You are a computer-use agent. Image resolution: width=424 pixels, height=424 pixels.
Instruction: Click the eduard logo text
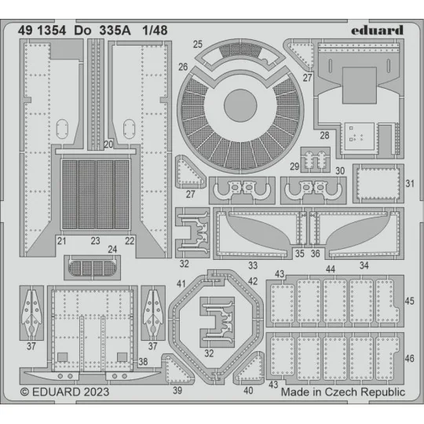coord(375,30)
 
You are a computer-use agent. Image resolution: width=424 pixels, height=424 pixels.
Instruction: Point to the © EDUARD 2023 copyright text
coord(64,391)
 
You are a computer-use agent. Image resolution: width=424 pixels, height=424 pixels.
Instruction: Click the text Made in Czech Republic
coord(342,391)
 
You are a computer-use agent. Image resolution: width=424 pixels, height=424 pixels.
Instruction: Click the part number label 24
coord(112,250)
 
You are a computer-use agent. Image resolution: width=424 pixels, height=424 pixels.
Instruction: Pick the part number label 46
coord(410,358)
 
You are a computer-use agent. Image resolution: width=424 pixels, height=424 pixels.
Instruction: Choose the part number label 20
coord(108,144)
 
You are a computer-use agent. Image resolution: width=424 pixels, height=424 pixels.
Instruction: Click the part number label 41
coord(181,282)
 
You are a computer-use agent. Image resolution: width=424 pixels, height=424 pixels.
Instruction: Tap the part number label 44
coord(331,269)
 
